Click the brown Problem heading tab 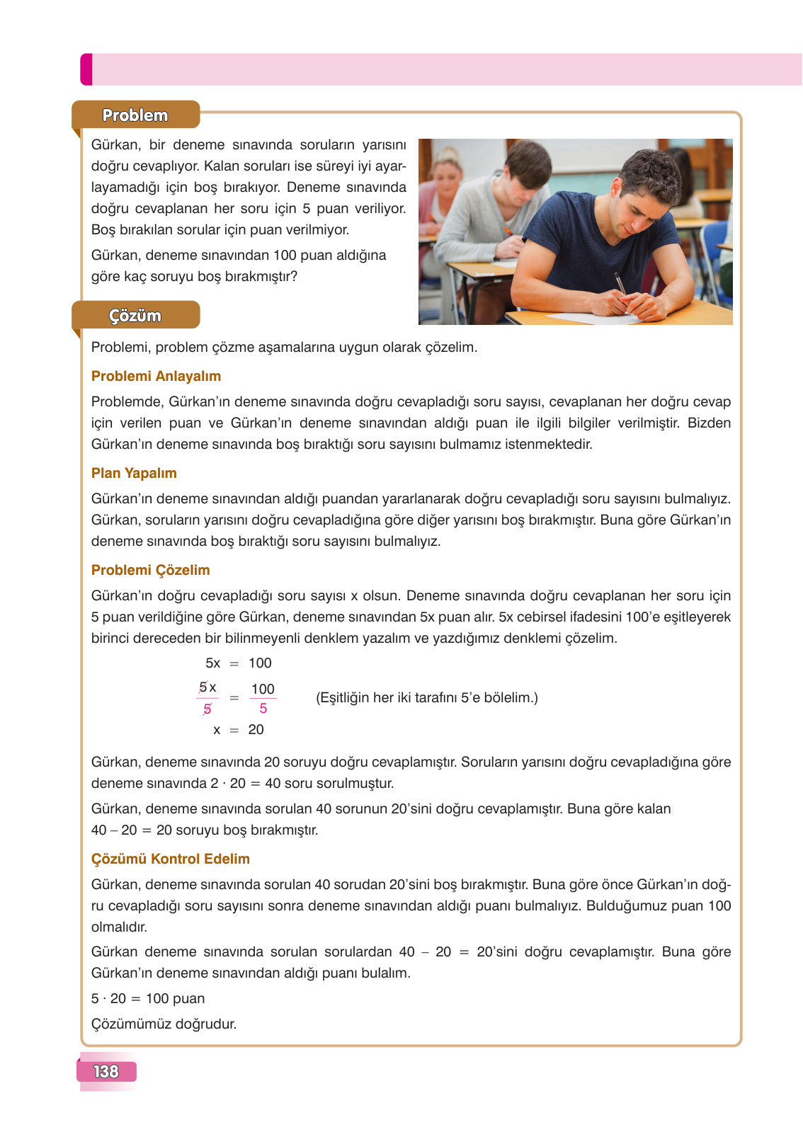pos(135,115)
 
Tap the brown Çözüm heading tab pos(135,316)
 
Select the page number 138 pos(106,1071)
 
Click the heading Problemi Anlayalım pos(156,376)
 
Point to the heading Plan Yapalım pos(134,473)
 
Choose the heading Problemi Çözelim pos(150,570)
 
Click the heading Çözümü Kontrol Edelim pos(170,859)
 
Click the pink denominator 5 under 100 pos(263,709)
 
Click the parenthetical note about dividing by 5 pos(426,698)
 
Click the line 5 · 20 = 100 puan pos(148,999)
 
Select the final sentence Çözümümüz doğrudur pos(164,1024)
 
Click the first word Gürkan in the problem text pos(115,145)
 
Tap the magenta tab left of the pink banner pos(86,69)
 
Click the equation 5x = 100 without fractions pos(238,663)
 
